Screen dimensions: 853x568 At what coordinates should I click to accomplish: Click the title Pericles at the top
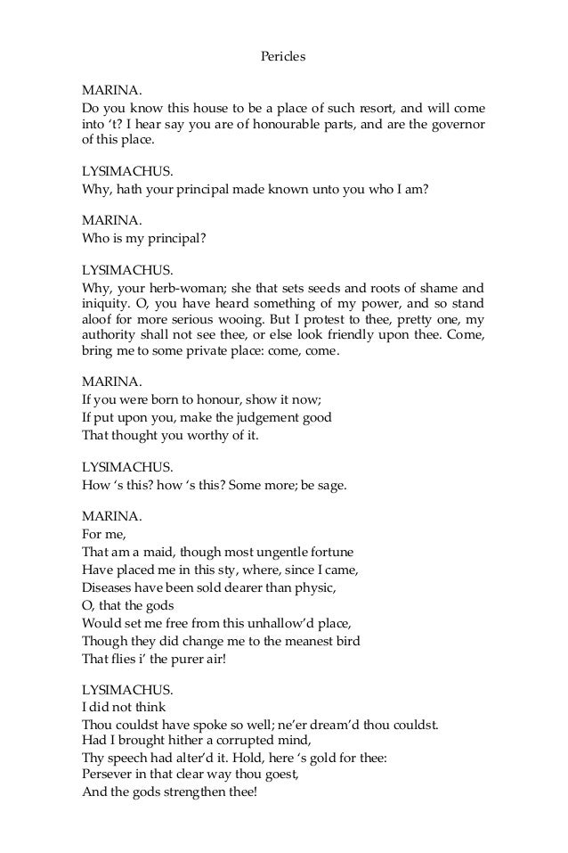point(283,56)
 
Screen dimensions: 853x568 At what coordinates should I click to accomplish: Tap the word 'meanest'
point(312,639)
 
